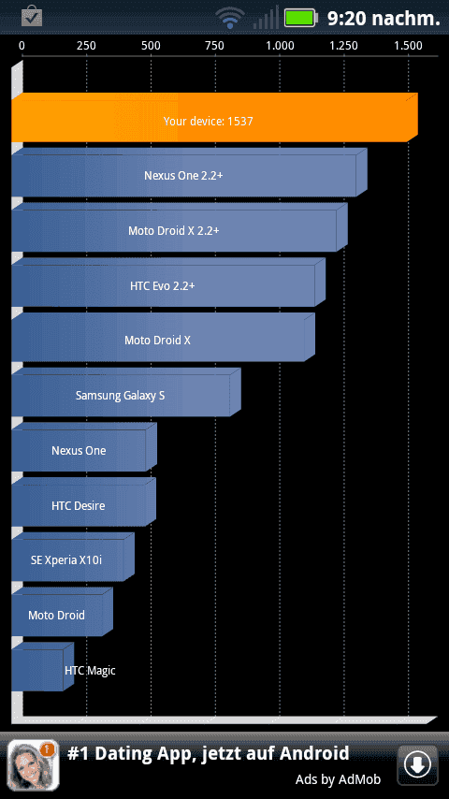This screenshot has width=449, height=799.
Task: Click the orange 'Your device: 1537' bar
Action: click(214, 118)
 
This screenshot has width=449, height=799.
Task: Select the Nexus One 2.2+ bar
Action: click(189, 172)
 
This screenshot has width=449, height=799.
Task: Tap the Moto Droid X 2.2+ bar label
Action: click(174, 230)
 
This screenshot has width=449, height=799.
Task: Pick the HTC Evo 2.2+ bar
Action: click(168, 283)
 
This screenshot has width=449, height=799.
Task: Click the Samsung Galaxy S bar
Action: click(126, 392)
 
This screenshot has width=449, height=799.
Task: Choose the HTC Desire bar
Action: click(83, 501)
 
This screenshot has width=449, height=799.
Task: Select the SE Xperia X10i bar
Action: click(73, 557)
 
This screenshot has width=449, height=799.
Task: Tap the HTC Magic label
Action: click(90, 670)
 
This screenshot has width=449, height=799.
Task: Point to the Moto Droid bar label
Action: click(56, 615)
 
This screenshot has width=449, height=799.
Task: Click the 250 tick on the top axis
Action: click(86, 46)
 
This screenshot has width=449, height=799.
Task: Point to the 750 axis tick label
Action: click(214, 46)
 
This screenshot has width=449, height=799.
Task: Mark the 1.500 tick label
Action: click(408, 46)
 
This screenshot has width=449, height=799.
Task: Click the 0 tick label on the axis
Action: click(22, 46)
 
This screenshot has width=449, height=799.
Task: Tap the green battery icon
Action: click(301, 18)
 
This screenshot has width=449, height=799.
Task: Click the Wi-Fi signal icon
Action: click(230, 18)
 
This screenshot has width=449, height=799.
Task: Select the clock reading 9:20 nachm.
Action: click(384, 19)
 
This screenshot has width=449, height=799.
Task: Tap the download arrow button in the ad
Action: click(417, 764)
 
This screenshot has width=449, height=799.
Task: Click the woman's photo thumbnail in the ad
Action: click(33, 765)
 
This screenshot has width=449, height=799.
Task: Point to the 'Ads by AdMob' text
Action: click(338, 779)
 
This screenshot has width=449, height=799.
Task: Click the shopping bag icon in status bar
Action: click(32, 16)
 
